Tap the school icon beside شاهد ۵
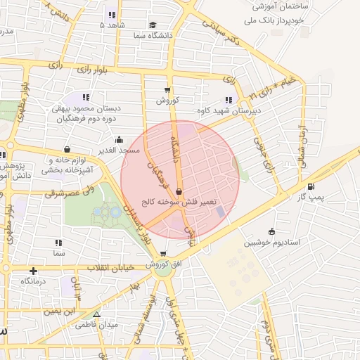pos(112,15)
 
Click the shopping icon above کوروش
pos(167,89)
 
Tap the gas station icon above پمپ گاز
pos(311,186)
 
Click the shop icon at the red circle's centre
pos(179,190)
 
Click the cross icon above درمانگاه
pos(33,270)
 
